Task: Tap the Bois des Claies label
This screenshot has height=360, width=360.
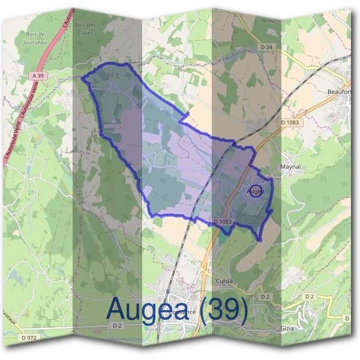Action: [85, 28]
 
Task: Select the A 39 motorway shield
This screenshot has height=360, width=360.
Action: [38, 76]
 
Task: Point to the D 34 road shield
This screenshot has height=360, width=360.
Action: [266, 46]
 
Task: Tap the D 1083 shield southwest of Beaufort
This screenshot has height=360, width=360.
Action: [289, 122]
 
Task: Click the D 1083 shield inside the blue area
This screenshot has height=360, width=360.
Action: [222, 221]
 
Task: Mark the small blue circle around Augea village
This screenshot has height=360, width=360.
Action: [256, 191]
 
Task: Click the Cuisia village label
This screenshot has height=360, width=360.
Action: [224, 280]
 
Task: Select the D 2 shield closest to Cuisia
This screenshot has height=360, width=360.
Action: [263, 297]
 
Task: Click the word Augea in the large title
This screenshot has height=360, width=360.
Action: [150, 308]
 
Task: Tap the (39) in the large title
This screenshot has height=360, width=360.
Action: [224, 308]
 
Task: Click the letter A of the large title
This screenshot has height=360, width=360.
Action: [118, 308]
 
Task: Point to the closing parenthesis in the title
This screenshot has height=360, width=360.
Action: [243, 308]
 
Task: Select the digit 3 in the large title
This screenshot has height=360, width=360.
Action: [216, 308]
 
